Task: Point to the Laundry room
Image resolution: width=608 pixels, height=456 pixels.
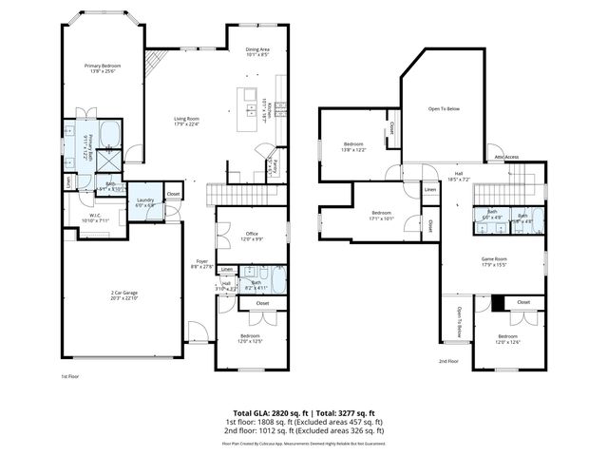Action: pyautogui.click(x=145, y=200)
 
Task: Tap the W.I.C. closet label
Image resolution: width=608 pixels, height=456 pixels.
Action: pyautogui.click(x=85, y=217)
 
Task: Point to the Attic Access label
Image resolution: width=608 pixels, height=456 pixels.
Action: pyautogui.click(x=505, y=157)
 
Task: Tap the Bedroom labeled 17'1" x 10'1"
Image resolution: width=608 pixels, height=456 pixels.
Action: pyautogui.click(x=381, y=213)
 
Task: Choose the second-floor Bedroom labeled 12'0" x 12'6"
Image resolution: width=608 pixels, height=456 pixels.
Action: pyautogui.click(x=507, y=336)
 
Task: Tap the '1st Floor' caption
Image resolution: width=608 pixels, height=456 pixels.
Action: pyautogui.click(x=70, y=376)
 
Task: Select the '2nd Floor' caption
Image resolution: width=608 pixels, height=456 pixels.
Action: pyautogui.click(x=448, y=361)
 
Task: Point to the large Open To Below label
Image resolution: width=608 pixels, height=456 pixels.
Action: pyautogui.click(x=443, y=109)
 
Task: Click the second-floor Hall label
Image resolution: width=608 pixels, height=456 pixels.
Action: pyautogui.click(x=458, y=174)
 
